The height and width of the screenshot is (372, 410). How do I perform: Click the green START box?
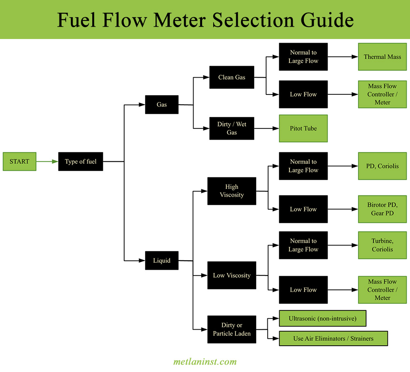point(19,161)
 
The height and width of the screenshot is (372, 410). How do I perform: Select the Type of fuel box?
point(80,161)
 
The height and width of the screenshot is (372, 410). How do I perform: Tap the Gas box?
point(162,105)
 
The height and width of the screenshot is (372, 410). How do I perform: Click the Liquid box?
point(162,260)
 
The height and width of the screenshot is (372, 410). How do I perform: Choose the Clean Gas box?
point(232,77)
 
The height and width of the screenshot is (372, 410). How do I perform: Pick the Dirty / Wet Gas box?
point(232,129)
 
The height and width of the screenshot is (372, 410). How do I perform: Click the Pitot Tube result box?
point(303,129)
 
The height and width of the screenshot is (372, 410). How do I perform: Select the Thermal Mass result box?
point(382,57)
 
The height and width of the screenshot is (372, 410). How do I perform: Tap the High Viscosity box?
point(232,191)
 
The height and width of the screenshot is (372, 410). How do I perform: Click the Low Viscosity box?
point(232,275)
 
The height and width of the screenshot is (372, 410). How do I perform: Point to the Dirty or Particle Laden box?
point(232,329)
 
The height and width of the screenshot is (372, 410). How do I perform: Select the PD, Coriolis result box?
point(382,166)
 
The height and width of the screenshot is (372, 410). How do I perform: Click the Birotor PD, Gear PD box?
point(382,209)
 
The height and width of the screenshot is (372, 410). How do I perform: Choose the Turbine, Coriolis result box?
point(382,245)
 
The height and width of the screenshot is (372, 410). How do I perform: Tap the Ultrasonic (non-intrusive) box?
point(322,318)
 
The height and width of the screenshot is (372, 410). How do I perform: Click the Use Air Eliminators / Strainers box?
point(333,339)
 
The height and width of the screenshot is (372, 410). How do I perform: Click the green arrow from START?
point(47,161)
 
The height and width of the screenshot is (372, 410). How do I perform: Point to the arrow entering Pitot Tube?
point(266,129)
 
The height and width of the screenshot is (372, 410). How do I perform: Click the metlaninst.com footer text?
point(205,362)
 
